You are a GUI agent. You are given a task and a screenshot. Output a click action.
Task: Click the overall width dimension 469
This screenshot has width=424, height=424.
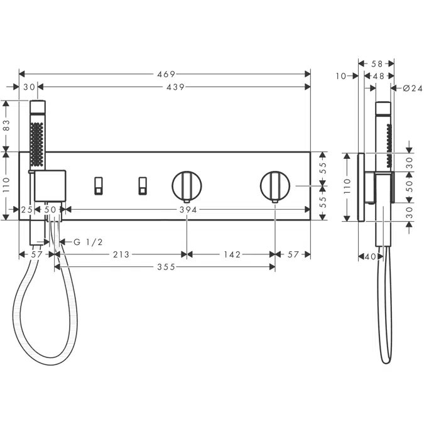click(x=166, y=74)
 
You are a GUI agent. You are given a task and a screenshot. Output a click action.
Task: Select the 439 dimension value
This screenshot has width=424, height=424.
click(x=175, y=87)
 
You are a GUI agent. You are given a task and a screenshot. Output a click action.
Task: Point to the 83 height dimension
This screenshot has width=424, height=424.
click(x=7, y=125)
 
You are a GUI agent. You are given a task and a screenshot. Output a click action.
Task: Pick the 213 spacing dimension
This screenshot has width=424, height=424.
click(x=121, y=254)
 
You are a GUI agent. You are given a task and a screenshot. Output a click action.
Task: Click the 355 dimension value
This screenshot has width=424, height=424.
click(x=166, y=267)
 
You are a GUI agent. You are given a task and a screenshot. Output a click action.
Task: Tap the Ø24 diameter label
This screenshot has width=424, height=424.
click(x=411, y=88)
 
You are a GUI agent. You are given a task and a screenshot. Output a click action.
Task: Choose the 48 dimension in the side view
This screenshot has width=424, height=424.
click(x=379, y=76)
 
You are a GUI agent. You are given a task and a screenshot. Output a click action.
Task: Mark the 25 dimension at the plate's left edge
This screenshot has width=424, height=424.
click(x=27, y=210)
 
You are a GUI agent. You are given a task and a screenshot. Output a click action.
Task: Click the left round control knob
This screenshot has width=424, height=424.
click(x=187, y=185)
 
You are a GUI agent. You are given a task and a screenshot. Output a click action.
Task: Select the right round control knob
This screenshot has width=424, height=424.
click(x=275, y=185)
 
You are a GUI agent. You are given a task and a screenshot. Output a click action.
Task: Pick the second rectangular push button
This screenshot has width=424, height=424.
click(x=142, y=185)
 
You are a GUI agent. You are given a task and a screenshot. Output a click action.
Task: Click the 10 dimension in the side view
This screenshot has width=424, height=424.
click(x=341, y=76)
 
